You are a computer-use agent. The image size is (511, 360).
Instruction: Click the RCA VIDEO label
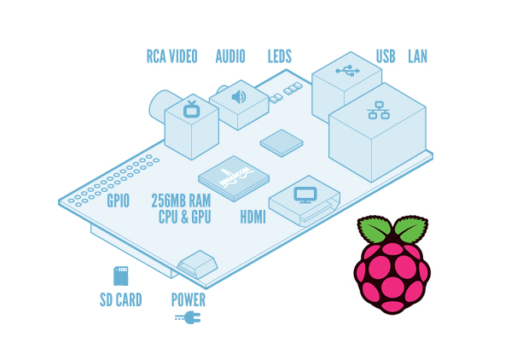(x=171, y=57)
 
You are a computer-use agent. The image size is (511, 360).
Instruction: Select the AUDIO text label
(x=230, y=57)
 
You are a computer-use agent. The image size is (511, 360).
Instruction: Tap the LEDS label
(x=279, y=57)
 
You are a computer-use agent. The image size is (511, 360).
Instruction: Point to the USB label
(x=386, y=57)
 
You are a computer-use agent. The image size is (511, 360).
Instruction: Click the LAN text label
(x=417, y=57)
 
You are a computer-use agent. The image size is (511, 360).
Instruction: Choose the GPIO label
(x=118, y=201)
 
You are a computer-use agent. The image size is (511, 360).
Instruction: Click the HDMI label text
(x=252, y=218)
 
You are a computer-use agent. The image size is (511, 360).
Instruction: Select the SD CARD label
(x=120, y=300)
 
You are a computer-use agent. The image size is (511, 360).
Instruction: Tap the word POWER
(x=188, y=300)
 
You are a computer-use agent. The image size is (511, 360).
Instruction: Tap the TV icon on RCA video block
(x=191, y=109)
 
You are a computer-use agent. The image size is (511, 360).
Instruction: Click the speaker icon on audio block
(x=239, y=96)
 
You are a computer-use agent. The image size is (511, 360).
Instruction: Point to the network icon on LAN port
(x=378, y=110)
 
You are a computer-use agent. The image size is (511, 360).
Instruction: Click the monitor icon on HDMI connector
(x=305, y=195)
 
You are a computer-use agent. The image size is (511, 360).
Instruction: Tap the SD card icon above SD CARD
(x=120, y=276)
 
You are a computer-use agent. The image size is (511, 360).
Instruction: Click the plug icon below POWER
(x=188, y=317)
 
